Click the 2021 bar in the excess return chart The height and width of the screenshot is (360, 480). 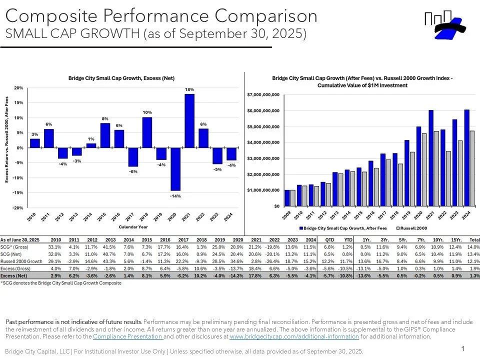[189, 121]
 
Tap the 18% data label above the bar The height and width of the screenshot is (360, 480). [189, 89]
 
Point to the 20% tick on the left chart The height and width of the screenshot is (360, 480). [18, 88]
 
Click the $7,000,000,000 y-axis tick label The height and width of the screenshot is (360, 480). [263, 94]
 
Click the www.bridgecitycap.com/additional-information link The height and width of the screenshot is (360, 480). [294, 336]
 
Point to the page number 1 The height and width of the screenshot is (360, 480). [463, 348]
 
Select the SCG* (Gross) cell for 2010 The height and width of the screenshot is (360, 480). [54, 246]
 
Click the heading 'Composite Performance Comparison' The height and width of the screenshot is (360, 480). [161, 16]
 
